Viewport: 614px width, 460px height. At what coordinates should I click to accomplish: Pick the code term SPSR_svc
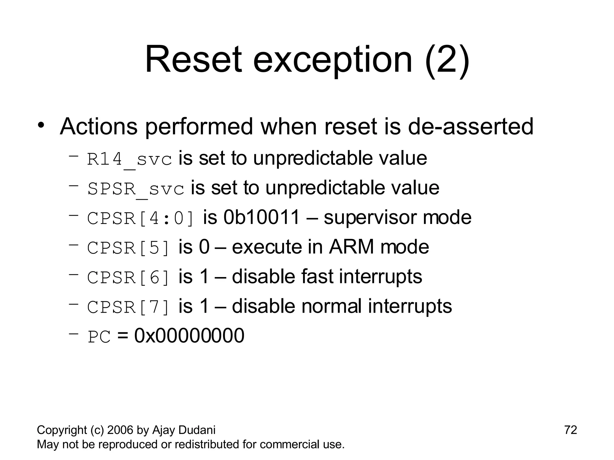pos(136,189)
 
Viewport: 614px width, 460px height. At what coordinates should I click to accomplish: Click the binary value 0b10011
pos(261,217)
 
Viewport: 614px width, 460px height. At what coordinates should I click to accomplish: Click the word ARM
pos(352,247)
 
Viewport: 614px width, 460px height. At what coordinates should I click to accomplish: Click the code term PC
pos(99,337)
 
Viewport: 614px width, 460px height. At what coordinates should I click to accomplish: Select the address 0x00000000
pos(189,336)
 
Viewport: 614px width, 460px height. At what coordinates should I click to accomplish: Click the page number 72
pos(571,430)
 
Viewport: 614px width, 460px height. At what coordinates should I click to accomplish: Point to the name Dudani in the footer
pos(197,430)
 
